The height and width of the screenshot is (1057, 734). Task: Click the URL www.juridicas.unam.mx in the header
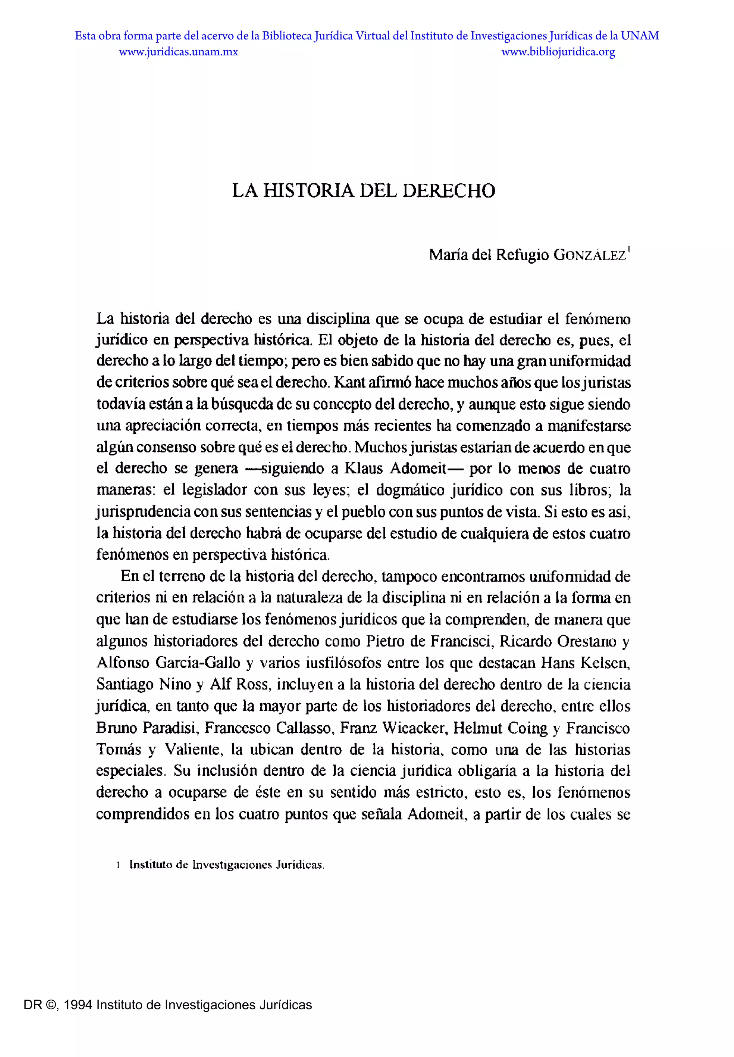[178, 52]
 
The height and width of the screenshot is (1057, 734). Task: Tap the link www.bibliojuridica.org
[558, 52]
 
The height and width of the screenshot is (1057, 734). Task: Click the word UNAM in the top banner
[640, 36]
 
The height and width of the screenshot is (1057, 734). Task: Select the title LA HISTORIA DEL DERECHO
[363, 191]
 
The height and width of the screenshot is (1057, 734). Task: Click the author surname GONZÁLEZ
[590, 255]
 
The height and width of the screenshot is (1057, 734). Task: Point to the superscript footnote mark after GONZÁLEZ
[629, 250]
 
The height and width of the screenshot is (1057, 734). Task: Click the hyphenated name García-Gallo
[198, 663]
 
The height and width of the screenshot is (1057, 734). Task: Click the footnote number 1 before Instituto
[118, 865]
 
